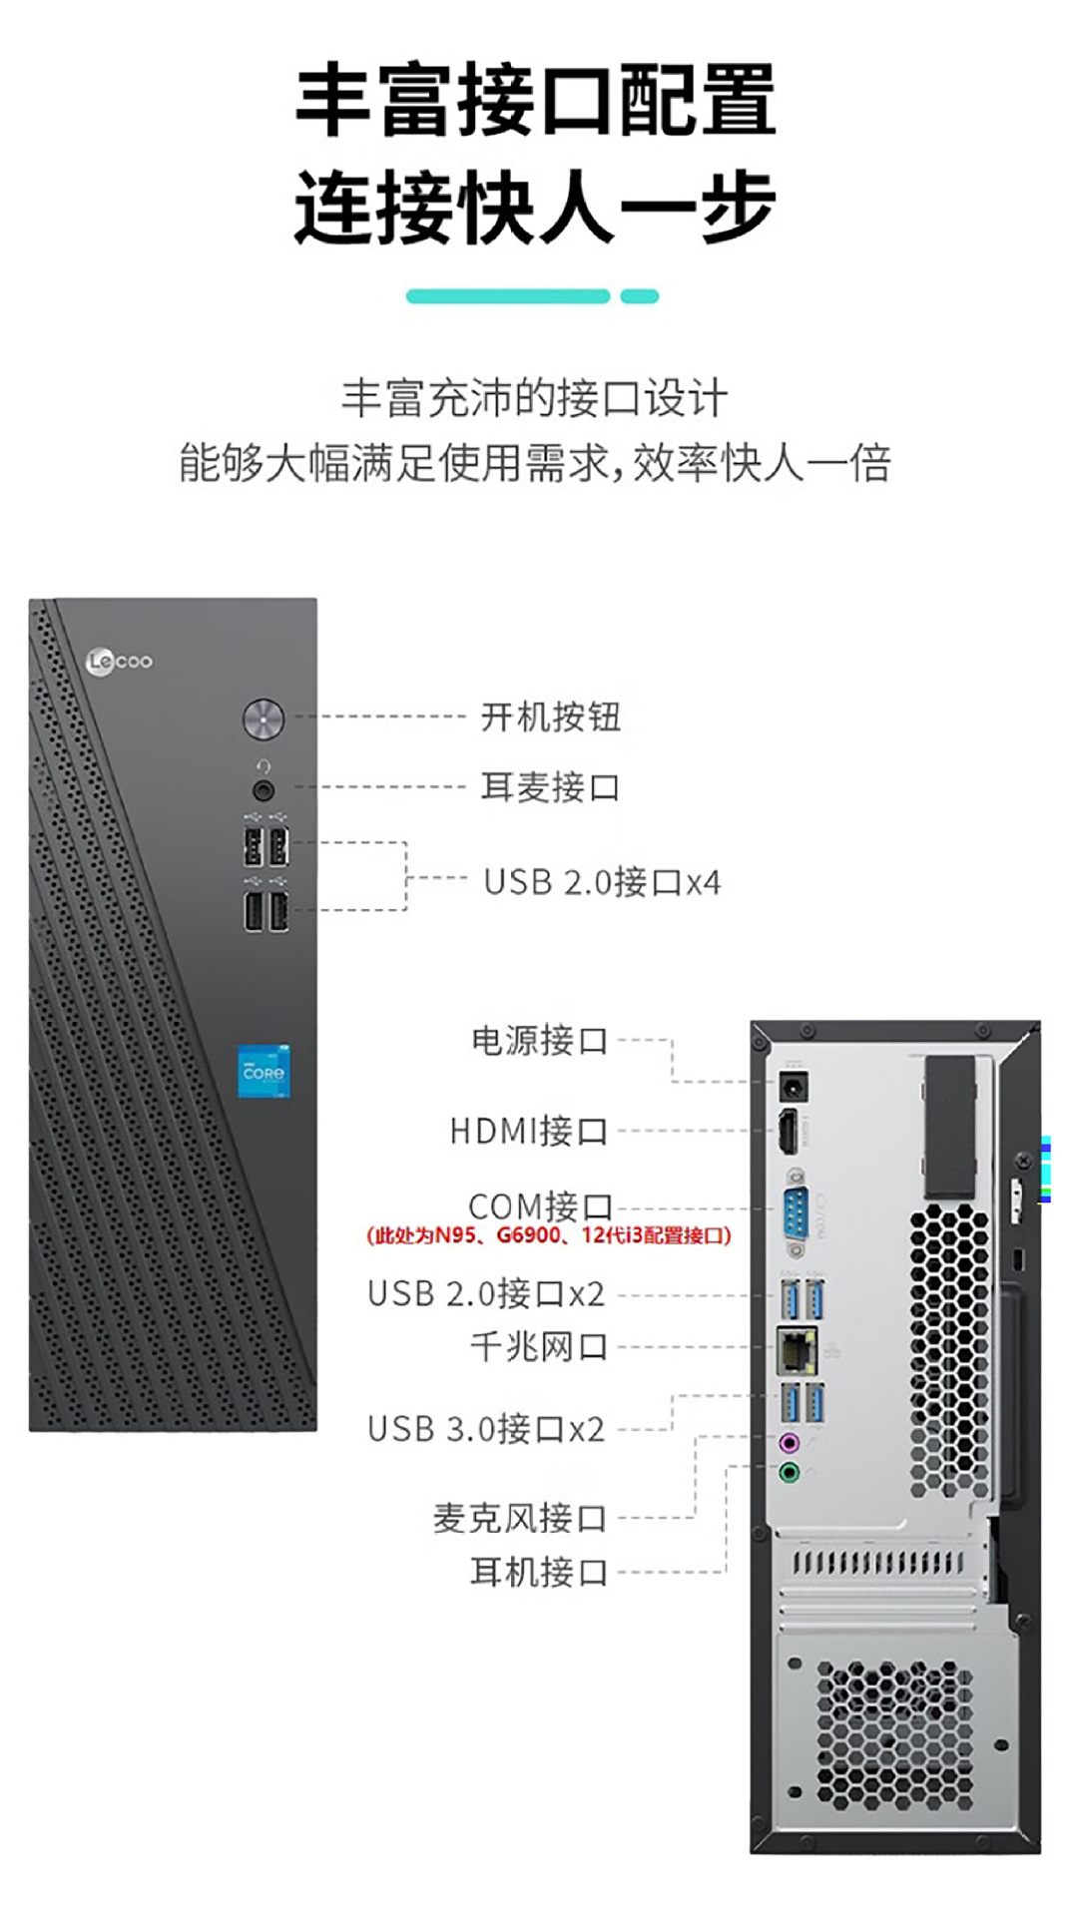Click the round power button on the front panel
point(264,718)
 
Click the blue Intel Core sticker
point(264,1071)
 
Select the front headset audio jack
point(264,790)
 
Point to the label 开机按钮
point(550,717)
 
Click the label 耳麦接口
point(550,786)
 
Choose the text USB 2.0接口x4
point(602,882)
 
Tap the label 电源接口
point(539,1040)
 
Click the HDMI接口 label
point(528,1131)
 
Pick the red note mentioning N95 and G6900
point(549,1235)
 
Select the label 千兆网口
point(539,1346)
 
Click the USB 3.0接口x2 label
point(486,1428)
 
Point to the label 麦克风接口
point(519,1518)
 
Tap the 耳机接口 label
point(539,1572)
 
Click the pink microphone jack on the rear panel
point(790,1442)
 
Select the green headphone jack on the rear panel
point(790,1472)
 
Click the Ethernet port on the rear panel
point(796,1349)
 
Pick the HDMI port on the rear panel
point(790,1131)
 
